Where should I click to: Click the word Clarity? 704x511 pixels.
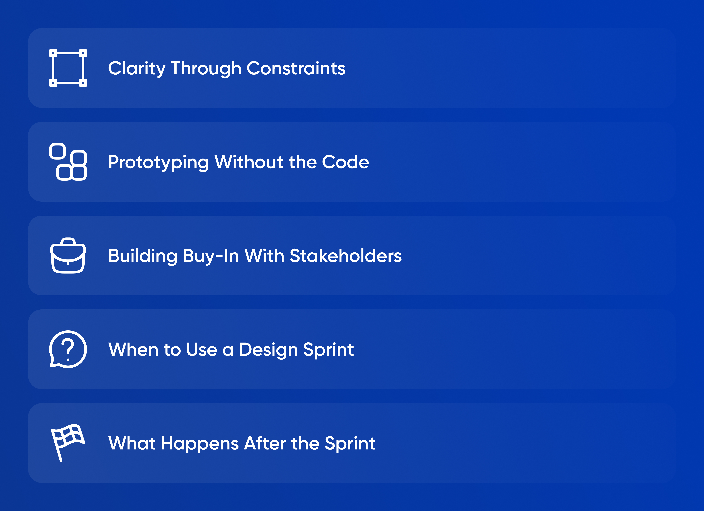click(x=137, y=69)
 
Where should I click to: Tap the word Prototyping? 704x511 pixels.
click(x=158, y=162)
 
